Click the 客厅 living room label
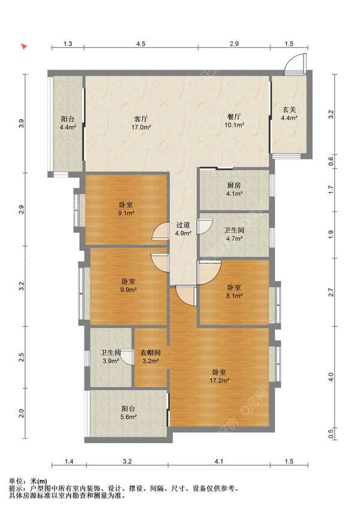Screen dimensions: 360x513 [x=141, y=119]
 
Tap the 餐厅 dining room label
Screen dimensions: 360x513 [x=234, y=116]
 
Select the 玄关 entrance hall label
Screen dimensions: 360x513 [x=289, y=110]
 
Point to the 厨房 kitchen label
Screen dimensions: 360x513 [x=234, y=185]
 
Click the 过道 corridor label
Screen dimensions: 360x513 [x=183, y=225]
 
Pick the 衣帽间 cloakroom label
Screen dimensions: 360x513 [x=150, y=353]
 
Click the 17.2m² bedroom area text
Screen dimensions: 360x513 [x=219, y=380]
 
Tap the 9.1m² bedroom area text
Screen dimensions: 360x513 [x=126, y=213]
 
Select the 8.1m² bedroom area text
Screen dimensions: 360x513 [x=234, y=296]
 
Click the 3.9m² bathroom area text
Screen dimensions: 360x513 [x=110, y=361]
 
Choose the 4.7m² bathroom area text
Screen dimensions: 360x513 [x=234, y=239]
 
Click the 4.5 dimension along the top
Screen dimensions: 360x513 [x=141, y=44]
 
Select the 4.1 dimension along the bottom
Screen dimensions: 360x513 [x=218, y=461]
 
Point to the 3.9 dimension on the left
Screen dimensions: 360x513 [x=22, y=124]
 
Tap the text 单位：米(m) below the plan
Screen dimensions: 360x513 [x=28, y=481]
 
